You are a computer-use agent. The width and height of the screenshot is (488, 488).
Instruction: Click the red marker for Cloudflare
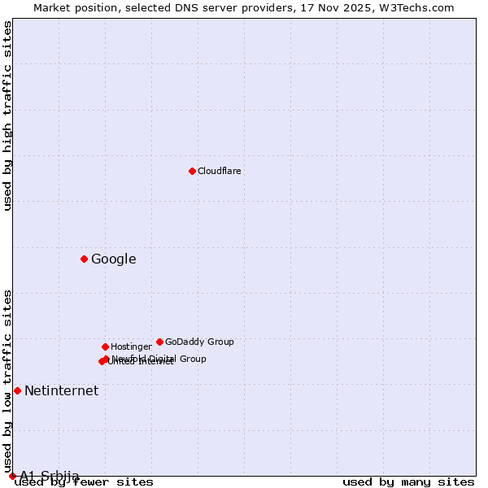(192, 171)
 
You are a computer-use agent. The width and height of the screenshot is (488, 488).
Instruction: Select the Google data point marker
(84, 259)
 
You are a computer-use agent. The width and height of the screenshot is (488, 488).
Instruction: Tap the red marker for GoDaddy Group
(159, 342)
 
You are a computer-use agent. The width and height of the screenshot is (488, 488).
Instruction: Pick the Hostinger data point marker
(105, 346)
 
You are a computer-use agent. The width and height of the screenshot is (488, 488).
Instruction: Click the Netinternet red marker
(17, 390)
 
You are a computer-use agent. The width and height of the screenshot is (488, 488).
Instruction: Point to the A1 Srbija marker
(12, 476)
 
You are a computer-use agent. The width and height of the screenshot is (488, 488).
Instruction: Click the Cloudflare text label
(220, 171)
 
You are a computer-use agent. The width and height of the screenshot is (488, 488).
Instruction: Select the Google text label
(114, 259)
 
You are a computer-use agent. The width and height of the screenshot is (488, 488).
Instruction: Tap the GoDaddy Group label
(199, 342)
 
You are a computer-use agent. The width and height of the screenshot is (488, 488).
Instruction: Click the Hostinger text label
(131, 346)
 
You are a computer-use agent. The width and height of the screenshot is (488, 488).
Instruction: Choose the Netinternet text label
(61, 390)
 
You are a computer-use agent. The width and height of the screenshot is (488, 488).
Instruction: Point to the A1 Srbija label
(50, 476)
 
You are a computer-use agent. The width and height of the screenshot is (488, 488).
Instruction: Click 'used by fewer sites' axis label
(85, 482)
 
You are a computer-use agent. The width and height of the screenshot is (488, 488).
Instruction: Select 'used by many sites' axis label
(408, 482)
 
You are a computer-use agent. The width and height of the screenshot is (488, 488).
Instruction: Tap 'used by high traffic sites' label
(8, 115)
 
